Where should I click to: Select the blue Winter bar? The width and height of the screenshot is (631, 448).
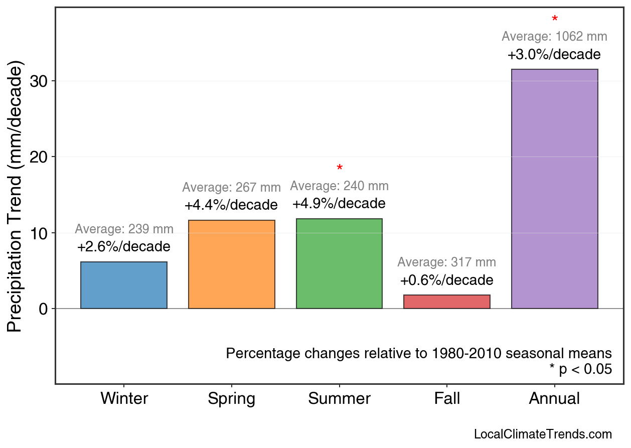123,285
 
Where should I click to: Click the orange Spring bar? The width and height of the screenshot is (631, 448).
231,264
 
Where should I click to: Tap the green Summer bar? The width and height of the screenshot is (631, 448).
339,263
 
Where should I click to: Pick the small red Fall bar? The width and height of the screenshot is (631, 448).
446,302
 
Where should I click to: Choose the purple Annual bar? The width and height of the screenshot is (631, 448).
554,189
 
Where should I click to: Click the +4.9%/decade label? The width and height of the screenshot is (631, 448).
339,204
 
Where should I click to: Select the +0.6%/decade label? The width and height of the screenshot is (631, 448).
446,280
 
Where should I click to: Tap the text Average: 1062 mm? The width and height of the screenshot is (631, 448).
554,37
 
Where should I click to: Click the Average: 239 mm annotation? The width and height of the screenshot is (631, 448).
124,229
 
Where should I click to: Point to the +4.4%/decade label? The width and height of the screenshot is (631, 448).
231,205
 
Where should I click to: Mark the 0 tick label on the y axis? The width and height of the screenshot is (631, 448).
44,309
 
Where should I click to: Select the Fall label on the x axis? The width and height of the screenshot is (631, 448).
447,399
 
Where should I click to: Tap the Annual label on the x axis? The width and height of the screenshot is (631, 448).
554,399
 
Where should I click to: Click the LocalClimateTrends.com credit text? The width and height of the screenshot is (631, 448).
543,434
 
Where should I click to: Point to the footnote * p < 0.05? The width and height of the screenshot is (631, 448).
580,369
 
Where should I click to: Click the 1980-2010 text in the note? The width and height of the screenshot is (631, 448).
467,353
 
